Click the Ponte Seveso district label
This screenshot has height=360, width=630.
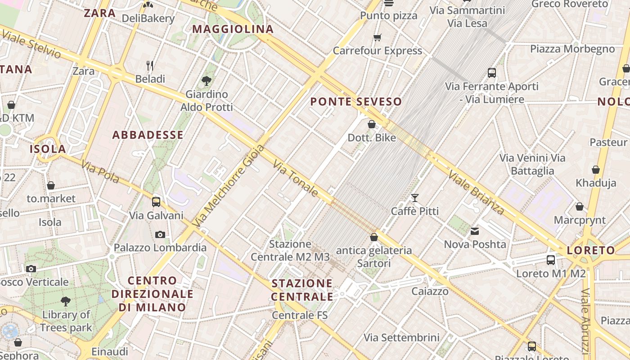click(356, 102)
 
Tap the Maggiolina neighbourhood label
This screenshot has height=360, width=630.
click(233, 29)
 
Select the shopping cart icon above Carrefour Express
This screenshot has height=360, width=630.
click(377, 37)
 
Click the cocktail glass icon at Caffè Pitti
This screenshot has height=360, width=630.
click(414, 198)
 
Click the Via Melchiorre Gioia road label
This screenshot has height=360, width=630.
click(228, 185)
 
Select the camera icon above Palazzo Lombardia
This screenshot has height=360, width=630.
click(160, 234)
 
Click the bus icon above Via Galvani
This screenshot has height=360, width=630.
click(156, 202)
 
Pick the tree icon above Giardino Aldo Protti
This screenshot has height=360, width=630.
click(207, 81)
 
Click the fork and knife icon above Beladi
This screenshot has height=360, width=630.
click(150, 66)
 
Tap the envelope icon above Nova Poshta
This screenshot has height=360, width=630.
click(475, 231)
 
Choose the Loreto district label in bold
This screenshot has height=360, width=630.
click(591, 251)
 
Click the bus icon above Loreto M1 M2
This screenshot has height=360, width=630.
click(551, 260)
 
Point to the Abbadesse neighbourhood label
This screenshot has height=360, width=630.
click(148, 135)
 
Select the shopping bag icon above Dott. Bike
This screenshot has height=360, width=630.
click(372, 124)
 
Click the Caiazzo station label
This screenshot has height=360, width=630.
click(430, 291)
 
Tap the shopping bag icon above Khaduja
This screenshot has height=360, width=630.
click(596, 170)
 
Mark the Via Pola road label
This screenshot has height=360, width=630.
click(100, 171)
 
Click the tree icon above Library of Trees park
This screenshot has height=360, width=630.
click(66, 301)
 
